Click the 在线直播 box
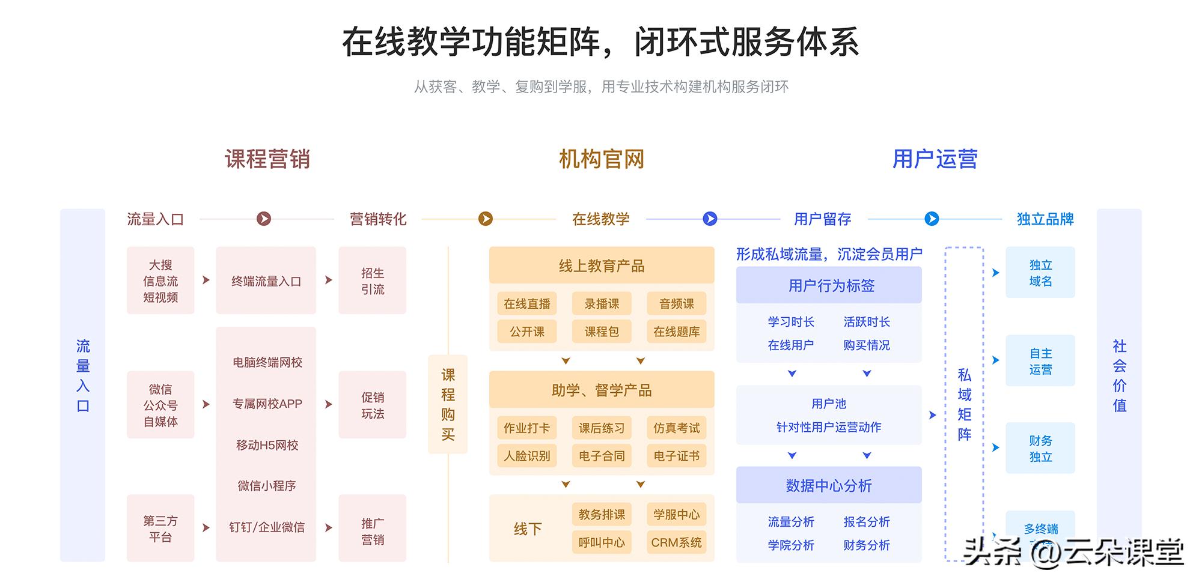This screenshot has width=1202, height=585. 527,304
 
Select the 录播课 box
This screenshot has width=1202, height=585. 602,304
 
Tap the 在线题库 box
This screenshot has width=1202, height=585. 676,332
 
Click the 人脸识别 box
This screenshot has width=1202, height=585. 527,456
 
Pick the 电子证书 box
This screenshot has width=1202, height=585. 676,456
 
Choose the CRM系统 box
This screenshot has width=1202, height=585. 676,542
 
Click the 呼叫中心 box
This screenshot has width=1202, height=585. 602,542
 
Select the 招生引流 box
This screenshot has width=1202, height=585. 373,280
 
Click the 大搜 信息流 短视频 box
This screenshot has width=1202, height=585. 160,280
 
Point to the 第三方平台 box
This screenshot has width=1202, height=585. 160,528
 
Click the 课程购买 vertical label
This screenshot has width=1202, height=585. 448,404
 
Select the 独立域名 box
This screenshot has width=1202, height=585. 1040,273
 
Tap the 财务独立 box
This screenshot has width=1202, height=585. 1040,448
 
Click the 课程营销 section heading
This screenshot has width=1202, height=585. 267,159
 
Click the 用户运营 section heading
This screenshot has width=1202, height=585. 935,159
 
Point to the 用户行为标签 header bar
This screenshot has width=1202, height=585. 829,285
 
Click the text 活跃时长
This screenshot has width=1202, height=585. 866,322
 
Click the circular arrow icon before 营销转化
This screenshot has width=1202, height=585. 264,219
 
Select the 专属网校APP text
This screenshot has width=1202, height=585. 267,404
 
